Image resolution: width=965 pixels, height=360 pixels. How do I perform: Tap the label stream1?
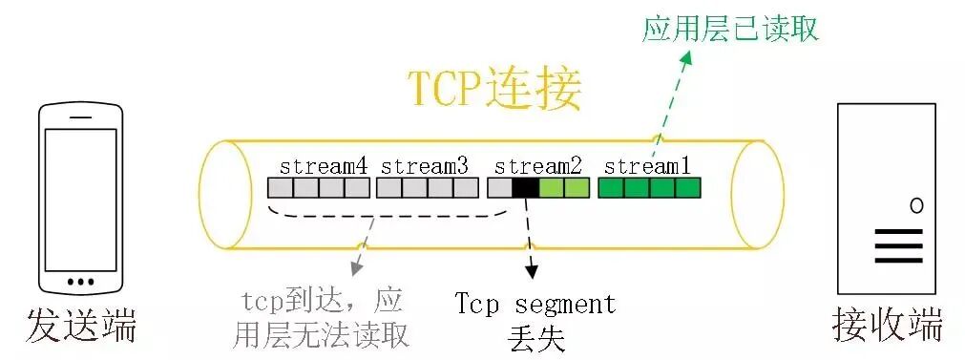coord(649,164)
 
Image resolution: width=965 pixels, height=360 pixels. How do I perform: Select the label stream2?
coord(538,164)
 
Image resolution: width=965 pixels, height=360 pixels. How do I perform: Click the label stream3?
coord(425,164)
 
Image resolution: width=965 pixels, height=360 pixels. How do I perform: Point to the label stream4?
coord(324,164)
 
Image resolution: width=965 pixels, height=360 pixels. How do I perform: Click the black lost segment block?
coord(525,187)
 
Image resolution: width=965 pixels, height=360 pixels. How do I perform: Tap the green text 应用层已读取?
coord(730,30)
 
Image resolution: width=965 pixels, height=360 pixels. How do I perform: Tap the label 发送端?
coord(81,326)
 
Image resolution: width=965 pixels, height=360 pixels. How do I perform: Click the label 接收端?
coord(887,326)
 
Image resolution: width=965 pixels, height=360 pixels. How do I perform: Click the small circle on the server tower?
coord(916,204)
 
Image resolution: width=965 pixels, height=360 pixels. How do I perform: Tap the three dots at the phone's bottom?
coord(80,283)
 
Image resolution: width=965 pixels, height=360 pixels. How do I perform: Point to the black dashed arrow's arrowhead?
coord(531,274)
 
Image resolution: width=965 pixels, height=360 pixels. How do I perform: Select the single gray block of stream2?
coord(499,187)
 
